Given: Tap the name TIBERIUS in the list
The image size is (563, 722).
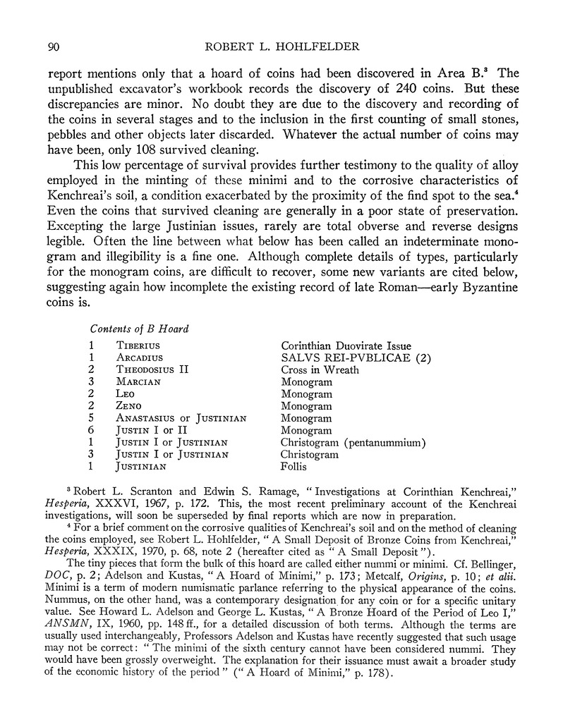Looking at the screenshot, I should click(138, 346).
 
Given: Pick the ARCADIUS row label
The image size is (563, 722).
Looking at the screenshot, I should click(140, 357).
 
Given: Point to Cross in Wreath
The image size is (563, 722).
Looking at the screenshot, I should click(319, 369).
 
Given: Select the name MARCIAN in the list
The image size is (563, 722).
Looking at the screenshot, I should click(139, 382).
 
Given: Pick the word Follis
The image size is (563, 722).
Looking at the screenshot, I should click(296, 467).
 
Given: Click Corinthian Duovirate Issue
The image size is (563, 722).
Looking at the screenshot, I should click(346, 345).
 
